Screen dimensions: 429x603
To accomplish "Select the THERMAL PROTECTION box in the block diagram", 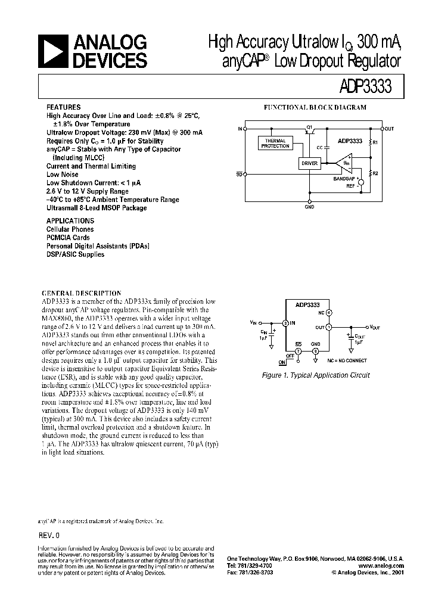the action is [x=275, y=144].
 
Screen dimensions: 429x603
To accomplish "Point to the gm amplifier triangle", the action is [x=344, y=161].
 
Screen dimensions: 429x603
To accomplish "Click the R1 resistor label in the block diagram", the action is [x=375, y=143].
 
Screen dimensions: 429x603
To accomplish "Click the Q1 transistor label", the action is [x=309, y=127].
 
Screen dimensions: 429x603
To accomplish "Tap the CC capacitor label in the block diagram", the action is [x=320, y=147].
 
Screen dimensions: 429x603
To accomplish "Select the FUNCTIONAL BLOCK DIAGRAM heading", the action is [x=315, y=107].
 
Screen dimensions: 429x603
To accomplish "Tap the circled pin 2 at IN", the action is [x=285, y=323].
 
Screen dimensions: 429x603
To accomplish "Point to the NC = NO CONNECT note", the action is [x=346, y=360].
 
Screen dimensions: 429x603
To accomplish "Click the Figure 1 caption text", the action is [x=316, y=375].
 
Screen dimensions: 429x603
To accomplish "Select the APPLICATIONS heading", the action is [x=70, y=220].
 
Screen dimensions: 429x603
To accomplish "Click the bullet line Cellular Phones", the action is [x=70, y=229].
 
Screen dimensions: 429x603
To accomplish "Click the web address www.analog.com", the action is [x=381, y=565].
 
